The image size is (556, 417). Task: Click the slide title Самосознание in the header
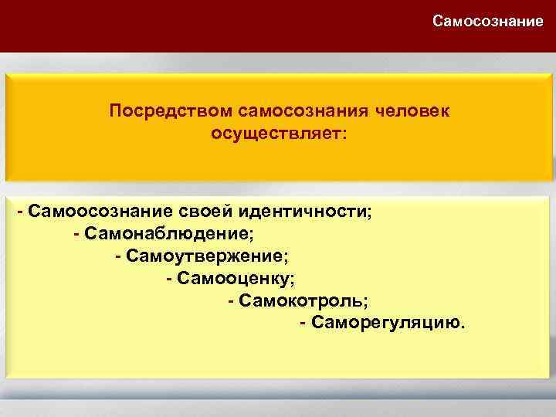(487, 20)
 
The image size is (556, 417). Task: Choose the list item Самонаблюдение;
(168, 232)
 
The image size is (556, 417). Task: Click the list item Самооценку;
(236, 276)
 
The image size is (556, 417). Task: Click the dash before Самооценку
(169, 276)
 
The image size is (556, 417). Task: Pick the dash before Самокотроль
(232, 298)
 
